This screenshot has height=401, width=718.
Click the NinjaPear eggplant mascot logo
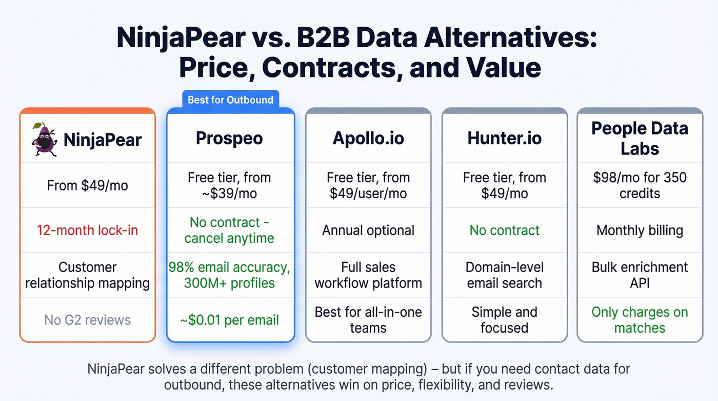point(44,139)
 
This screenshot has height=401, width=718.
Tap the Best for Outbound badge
point(230,100)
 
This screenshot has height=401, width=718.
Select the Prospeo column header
point(229,138)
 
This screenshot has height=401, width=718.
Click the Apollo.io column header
point(368,138)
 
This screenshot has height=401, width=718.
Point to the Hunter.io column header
point(504,138)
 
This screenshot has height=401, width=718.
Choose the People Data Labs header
point(640,138)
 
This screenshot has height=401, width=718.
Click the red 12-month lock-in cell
point(87,230)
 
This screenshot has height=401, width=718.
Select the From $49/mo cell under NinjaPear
point(87,185)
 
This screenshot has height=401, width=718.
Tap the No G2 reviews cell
point(87,320)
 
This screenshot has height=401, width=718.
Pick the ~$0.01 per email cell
point(229,320)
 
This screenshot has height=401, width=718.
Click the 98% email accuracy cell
point(229,275)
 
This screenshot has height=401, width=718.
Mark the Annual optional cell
point(368,230)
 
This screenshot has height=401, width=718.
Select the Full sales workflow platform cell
point(368,275)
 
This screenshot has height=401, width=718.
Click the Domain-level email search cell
point(504,275)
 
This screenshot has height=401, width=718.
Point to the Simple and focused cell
point(504,320)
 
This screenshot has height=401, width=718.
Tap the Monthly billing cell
point(640,230)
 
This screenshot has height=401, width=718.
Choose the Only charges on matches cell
point(640,320)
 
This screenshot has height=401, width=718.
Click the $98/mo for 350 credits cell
point(640,185)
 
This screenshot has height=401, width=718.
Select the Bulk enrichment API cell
point(640,275)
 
